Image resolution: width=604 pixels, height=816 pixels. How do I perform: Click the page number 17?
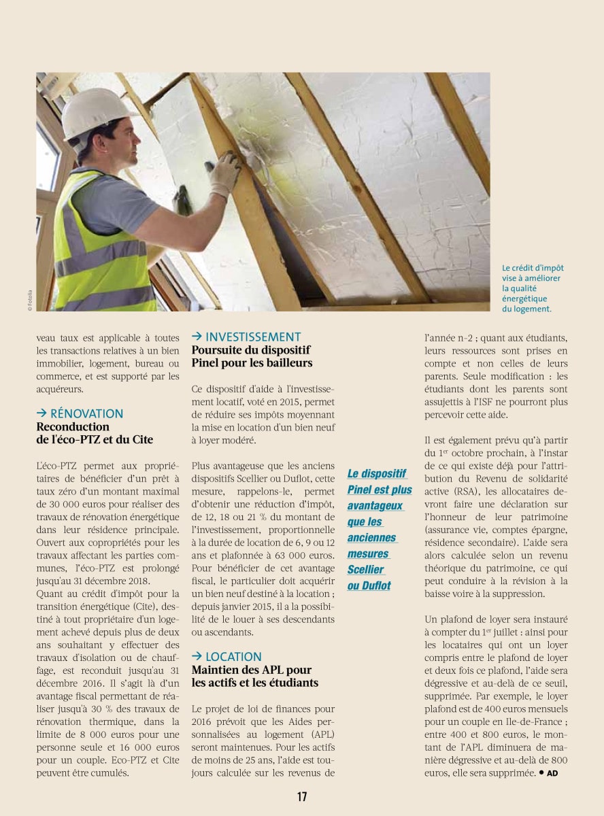301,797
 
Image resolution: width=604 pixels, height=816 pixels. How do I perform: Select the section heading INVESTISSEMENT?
252,337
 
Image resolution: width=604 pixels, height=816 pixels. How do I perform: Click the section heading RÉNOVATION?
86,413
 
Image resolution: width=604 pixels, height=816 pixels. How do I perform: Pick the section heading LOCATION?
233,656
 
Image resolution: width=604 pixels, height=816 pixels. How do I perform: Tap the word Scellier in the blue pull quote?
365,570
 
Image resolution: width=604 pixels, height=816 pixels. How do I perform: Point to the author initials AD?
552,773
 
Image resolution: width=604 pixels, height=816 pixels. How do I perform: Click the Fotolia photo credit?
30,300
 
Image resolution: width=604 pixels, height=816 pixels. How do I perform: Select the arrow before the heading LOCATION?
197,656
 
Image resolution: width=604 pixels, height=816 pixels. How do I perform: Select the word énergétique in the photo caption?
524,299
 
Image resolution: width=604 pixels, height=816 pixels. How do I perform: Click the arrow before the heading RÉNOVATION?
41,413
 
